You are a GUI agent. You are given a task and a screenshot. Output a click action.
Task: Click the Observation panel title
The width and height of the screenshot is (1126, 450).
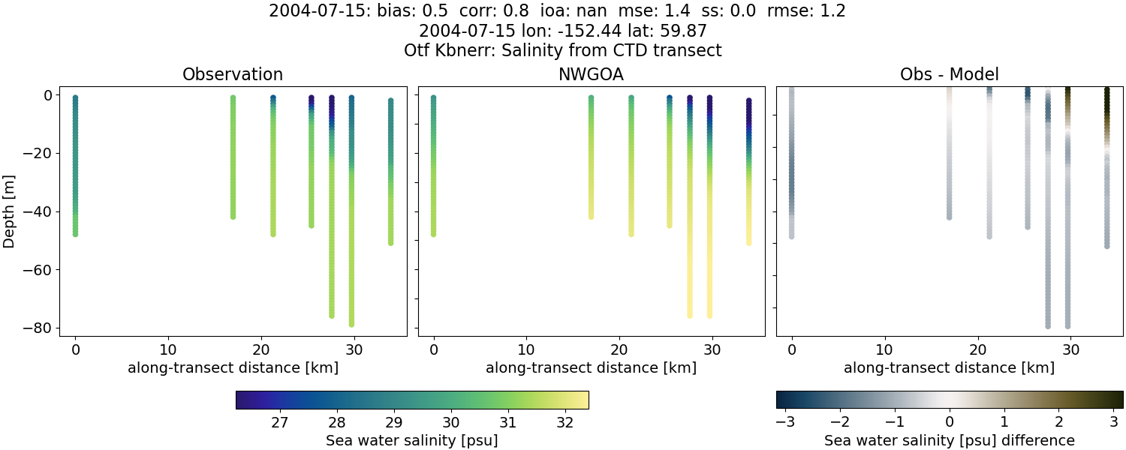tap(233, 74)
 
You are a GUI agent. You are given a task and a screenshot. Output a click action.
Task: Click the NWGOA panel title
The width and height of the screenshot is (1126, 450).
tap(591, 74)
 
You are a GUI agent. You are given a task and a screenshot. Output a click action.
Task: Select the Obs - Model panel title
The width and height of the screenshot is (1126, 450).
tap(949, 74)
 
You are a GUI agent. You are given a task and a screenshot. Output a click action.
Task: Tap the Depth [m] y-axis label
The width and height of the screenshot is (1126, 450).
tap(10, 211)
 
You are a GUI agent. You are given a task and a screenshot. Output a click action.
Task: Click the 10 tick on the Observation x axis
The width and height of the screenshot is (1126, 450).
tap(168, 349)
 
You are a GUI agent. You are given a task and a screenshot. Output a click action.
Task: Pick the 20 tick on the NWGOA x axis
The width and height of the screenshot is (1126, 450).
tap(619, 349)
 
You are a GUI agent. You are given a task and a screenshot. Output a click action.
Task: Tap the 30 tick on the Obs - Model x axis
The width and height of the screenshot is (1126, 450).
tap(1070, 349)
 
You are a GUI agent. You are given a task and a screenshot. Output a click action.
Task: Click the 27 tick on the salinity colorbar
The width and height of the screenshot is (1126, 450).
tap(280, 422)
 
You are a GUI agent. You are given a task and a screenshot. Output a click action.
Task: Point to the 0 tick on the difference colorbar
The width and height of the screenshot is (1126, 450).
tap(950, 422)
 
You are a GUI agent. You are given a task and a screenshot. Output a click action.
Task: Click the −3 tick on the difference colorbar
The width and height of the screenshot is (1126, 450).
tap(785, 422)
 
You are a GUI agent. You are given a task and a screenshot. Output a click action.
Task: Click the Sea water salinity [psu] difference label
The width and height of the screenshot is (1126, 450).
tap(949, 440)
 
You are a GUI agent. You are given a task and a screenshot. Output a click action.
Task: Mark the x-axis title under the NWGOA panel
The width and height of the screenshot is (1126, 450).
tap(591, 367)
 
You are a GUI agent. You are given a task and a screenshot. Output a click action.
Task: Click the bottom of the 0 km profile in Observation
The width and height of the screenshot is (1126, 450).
tap(75, 233)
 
